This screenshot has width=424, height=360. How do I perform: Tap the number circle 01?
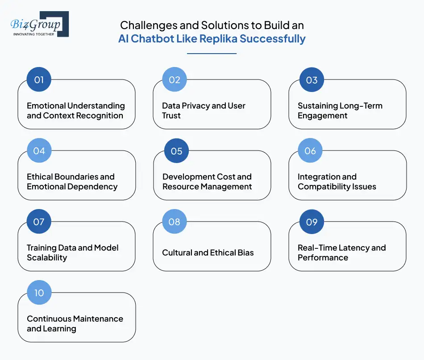pyautogui.click(x=39, y=80)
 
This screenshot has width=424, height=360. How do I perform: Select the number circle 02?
pyautogui.click(x=175, y=80)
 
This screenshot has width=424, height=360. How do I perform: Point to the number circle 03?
pyautogui.click(x=312, y=80)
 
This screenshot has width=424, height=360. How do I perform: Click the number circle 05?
pyautogui.click(x=176, y=151)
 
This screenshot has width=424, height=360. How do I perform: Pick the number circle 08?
pyautogui.click(x=175, y=222)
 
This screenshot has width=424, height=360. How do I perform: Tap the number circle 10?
pyautogui.click(x=39, y=293)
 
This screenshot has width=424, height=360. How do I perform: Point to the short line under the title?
pyautogui.click(x=212, y=54)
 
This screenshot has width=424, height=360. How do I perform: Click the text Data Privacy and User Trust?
pyautogui.click(x=204, y=111)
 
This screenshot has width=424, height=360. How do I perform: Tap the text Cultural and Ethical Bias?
pyautogui.click(x=208, y=253)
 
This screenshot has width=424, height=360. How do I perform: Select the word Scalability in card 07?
pyautogui.click(x=47, y=258)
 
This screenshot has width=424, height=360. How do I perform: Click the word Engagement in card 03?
pyautogui.click(x=323, y=116)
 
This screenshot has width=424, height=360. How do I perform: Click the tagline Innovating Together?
pyautogui.click(x=34, y=33)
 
